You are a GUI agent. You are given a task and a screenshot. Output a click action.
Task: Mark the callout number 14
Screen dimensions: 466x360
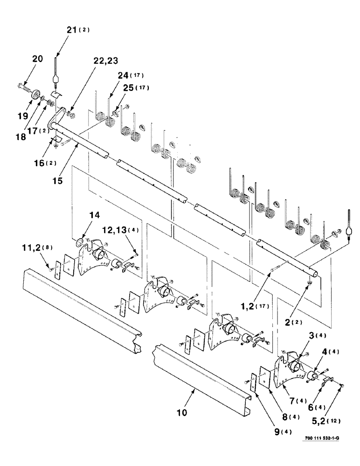(x=95, y=216)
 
